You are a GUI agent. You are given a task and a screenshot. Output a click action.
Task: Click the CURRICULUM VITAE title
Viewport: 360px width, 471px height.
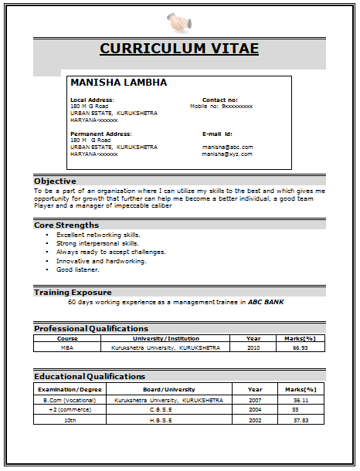179,49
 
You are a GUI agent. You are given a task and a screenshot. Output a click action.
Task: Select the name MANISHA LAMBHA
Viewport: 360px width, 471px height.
118,82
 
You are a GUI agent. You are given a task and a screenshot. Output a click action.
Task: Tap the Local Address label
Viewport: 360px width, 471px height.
92,100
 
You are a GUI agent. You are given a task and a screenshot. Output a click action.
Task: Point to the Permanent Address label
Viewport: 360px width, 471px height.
100,134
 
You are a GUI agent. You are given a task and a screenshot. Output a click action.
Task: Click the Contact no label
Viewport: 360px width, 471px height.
220,100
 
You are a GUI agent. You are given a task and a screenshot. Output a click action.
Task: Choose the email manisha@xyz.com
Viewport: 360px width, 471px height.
227,154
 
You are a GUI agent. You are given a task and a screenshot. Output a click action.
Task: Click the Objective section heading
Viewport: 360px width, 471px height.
55,181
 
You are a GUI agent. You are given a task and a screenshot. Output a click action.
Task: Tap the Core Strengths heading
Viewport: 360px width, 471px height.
66,225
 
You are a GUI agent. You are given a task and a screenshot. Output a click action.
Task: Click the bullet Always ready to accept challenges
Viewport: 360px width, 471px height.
110,252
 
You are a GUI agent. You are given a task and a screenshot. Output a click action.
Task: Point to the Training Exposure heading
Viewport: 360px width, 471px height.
73,292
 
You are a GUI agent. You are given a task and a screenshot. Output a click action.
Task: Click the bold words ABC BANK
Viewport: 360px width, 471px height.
266,302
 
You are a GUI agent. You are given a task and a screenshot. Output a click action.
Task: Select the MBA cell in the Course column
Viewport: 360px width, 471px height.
67,347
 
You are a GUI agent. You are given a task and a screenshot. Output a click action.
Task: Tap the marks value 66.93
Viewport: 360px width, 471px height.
301,347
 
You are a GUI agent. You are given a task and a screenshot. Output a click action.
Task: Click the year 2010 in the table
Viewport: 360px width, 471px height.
253,347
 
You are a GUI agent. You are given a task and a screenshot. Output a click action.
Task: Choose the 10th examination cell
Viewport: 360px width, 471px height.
70,420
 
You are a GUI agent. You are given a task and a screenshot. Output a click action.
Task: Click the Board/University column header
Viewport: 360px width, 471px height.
169,389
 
